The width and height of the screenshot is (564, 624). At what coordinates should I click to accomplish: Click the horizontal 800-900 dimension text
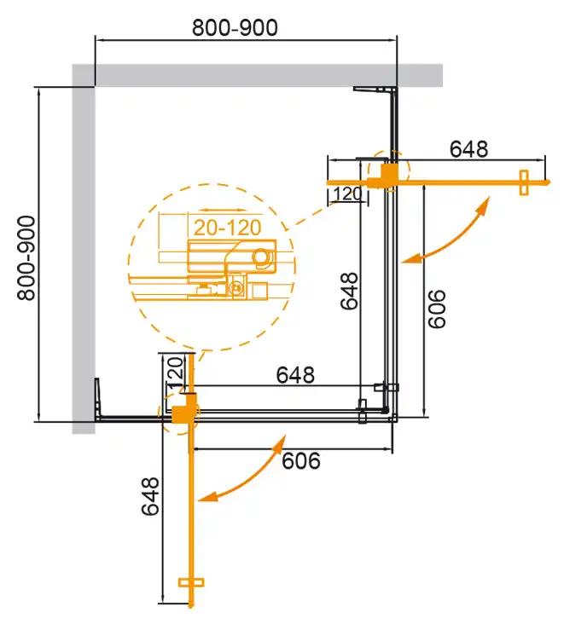pos(235,27)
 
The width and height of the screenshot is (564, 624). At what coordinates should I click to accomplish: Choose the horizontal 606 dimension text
pos(300,461)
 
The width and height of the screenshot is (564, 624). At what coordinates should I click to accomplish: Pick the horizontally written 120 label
pos(346,194)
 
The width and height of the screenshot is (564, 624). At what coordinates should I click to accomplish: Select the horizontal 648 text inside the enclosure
pos(295,374)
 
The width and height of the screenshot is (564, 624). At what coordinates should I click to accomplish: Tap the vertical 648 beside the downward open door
pos(150,496)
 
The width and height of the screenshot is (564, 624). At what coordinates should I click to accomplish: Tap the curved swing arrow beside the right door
pos(448,233)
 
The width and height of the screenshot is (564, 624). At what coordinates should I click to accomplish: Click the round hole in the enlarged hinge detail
pos(261,257)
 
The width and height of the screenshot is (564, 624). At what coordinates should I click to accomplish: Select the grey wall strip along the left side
pos(83,256)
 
